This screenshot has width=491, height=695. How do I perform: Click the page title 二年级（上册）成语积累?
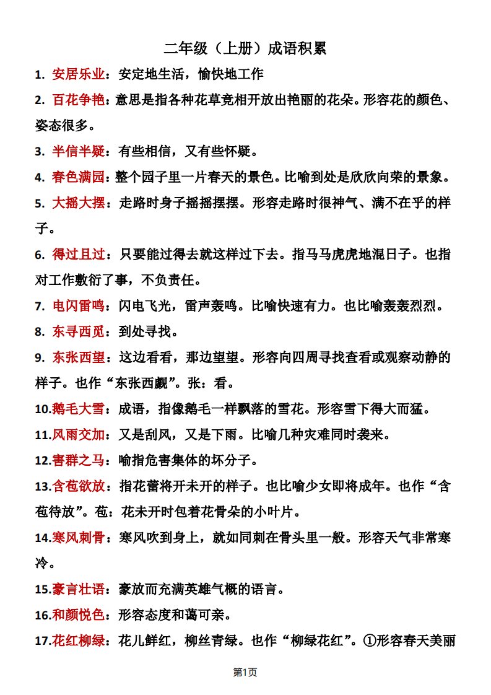tap(245, 49)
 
